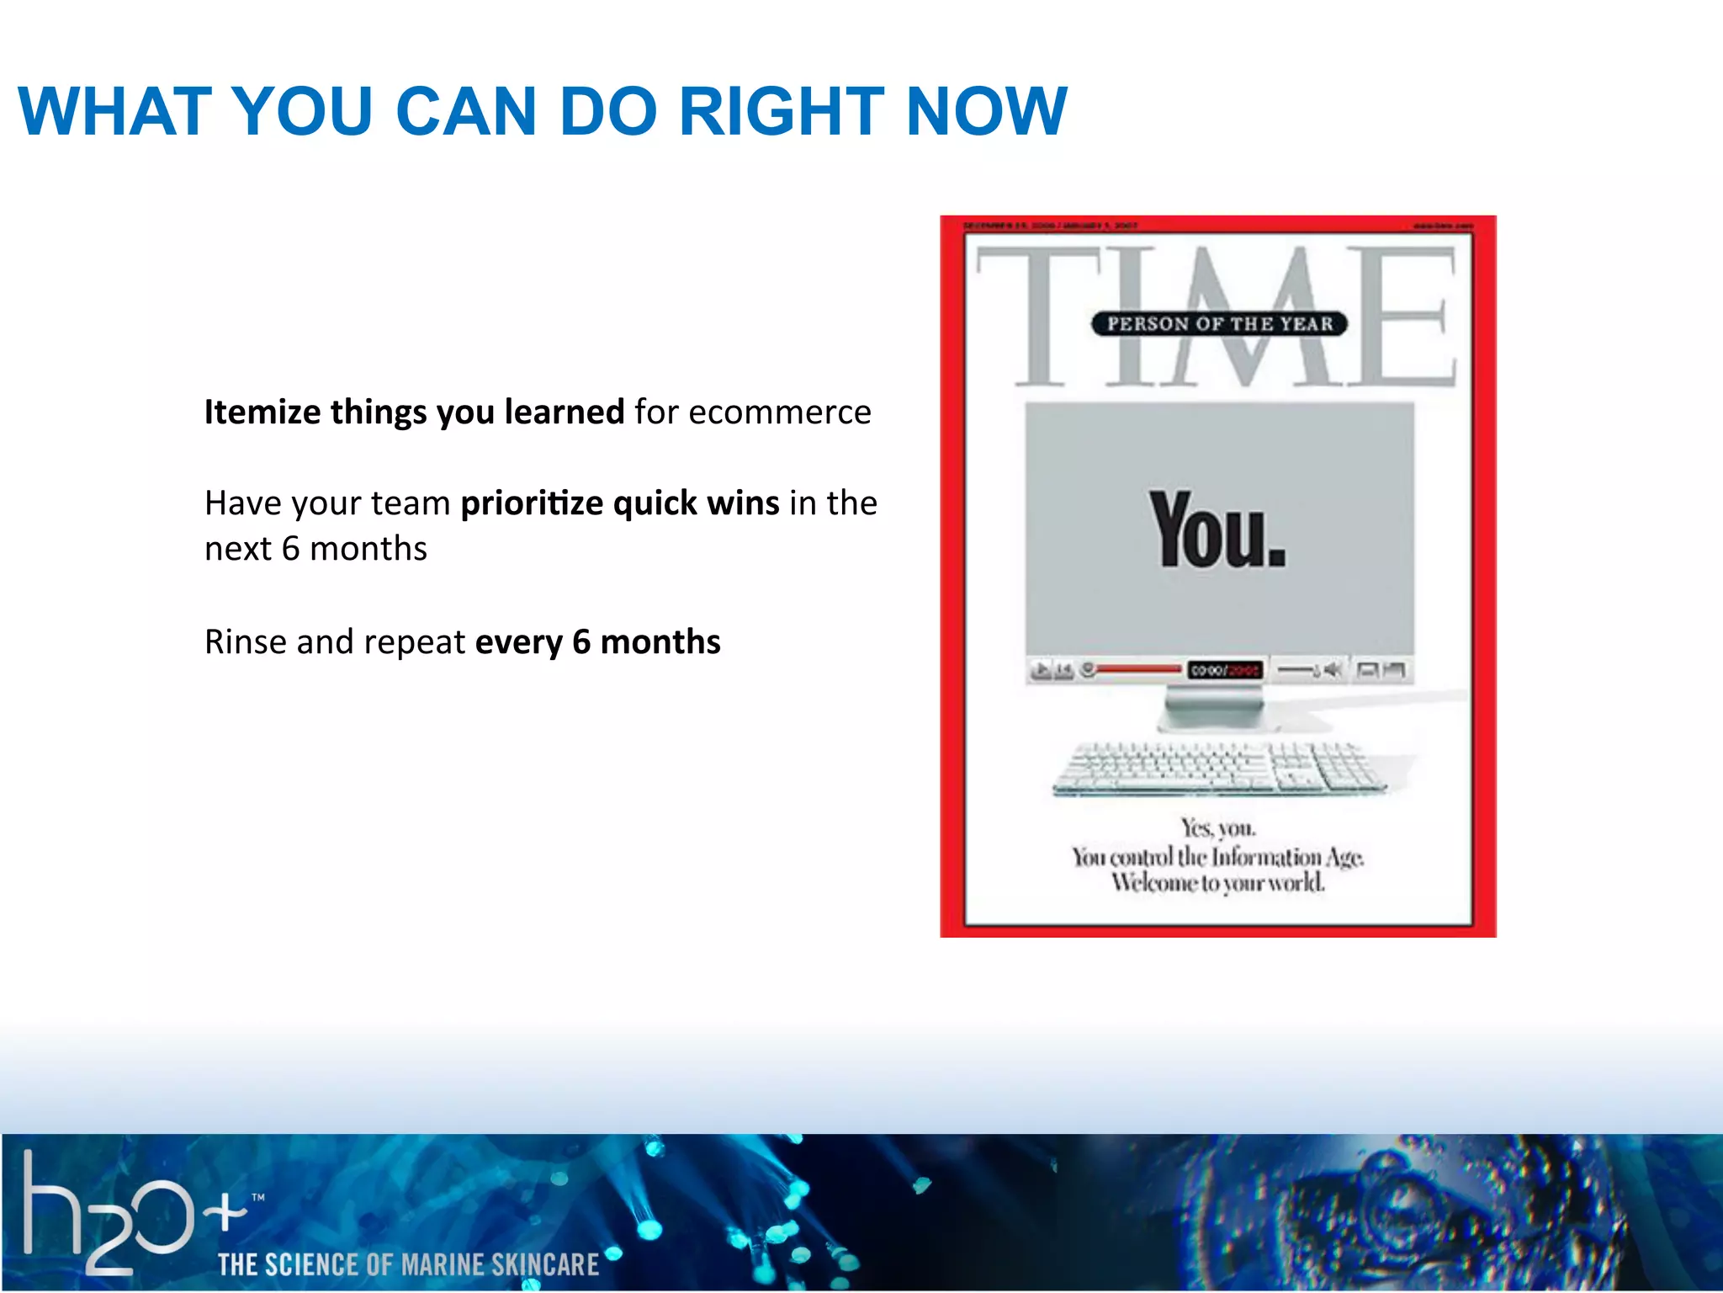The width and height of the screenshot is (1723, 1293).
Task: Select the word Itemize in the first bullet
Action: [262, 412]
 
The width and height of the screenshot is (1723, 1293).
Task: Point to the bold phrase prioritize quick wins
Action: [620, 503]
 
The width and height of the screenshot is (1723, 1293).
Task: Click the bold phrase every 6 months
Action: [597, 641]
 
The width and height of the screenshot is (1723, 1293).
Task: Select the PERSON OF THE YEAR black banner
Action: [1219, 323]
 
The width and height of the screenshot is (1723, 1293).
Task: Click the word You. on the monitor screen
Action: [1217, 530]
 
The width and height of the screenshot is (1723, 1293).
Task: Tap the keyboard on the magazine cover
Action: [1218, 768]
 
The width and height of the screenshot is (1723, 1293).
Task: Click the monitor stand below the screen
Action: [1212, 707]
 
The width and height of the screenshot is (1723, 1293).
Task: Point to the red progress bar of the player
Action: [1137, 669]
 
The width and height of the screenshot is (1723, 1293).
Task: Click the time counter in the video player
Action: [1225, 670]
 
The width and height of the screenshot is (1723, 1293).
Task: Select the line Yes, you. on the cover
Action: [1217, 828]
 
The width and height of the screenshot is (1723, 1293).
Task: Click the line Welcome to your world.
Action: [1217, 883]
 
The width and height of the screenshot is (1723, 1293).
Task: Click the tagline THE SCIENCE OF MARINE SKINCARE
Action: [408, 1264]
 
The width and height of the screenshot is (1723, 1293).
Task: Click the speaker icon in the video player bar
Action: [1332, 669]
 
